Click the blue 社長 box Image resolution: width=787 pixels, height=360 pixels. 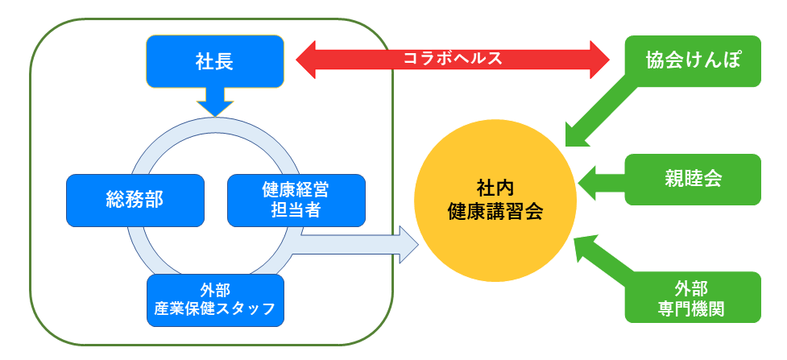[215, 62]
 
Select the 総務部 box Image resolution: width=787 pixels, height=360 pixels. [135, 201]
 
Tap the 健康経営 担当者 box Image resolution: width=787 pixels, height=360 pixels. [296, 201]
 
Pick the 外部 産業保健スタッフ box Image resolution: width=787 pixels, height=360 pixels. [215, 300]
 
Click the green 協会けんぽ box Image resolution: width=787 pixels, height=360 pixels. [693, 61]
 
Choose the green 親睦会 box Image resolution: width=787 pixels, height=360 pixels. [693, 180]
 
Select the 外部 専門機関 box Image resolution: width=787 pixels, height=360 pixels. [693, 297]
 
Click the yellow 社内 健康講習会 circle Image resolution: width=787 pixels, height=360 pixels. [495, 201]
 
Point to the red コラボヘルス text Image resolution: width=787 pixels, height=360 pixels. [453, 59]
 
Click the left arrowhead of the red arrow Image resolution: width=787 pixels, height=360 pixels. [305, 60]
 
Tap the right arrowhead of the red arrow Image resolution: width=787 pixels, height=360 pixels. [600, 60]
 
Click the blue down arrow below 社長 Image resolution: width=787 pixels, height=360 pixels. [215, 102]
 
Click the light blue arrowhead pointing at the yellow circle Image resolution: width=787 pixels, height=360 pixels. [409, 245]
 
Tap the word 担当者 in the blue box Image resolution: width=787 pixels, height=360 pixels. [296, 210]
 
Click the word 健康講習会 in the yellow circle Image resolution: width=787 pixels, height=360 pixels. [495, 211]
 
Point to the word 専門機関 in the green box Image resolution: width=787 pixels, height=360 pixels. [692, 308]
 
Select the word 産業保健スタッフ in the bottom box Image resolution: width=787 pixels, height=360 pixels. [215, 308]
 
